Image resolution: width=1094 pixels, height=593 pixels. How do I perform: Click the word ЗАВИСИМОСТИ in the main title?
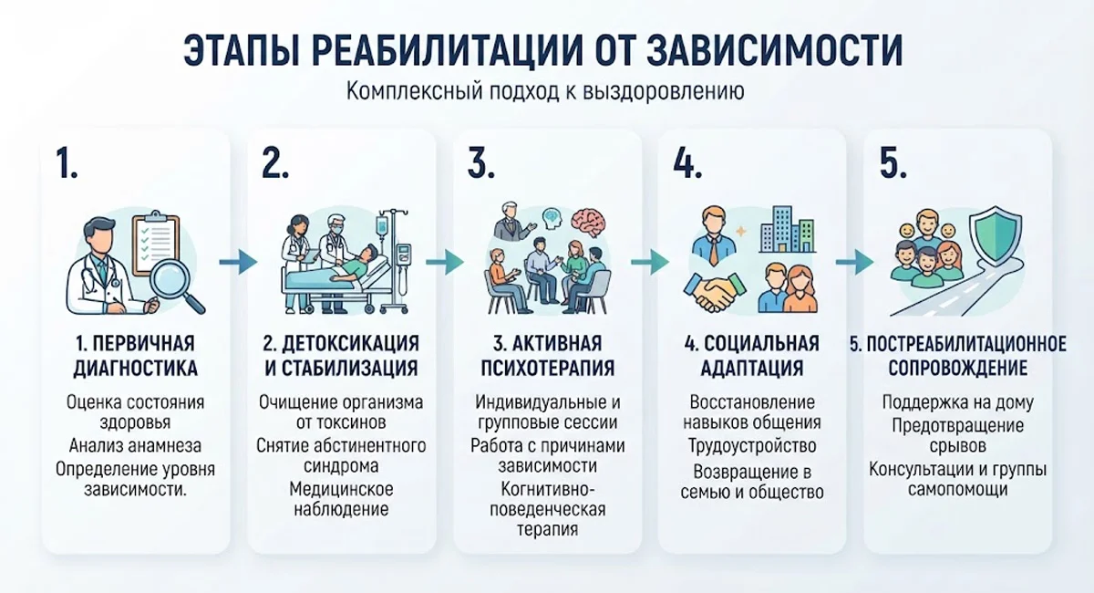(774, 50)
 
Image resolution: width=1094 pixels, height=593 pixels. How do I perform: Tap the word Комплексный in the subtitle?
(414, 91)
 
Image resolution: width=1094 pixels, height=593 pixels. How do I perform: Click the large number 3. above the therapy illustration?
(481, 162)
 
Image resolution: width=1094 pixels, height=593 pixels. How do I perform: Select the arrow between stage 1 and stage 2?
(238, 263)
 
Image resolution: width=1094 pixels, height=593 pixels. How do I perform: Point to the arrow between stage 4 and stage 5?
(855, 263)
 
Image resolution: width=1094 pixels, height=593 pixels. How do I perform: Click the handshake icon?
(715, 291)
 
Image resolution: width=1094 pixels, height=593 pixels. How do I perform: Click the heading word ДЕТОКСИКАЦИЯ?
(350, 344)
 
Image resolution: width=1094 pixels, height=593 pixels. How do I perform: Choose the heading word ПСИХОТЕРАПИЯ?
(548, 369)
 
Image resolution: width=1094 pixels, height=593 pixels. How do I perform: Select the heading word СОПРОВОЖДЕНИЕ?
(958, 369)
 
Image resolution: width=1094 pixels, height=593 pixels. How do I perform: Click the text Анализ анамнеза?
(135, 446)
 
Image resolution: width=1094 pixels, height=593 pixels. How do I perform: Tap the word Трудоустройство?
(752, 446)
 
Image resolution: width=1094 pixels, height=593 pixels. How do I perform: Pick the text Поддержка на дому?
(958, 402)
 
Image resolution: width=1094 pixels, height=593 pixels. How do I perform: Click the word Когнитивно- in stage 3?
(548, 489)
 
